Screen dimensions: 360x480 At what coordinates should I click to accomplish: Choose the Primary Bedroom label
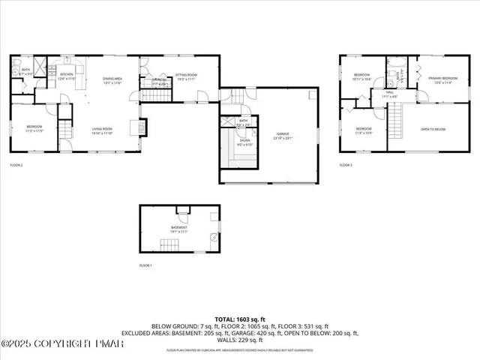point(443,79)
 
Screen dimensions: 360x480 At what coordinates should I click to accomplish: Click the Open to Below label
point(433,129)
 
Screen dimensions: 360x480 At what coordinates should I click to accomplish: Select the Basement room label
point(178,229)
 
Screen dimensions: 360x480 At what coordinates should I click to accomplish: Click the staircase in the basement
point(167,244)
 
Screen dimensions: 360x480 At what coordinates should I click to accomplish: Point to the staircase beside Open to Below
point(394,117)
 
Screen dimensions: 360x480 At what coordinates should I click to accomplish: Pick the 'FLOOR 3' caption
point(346,164)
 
